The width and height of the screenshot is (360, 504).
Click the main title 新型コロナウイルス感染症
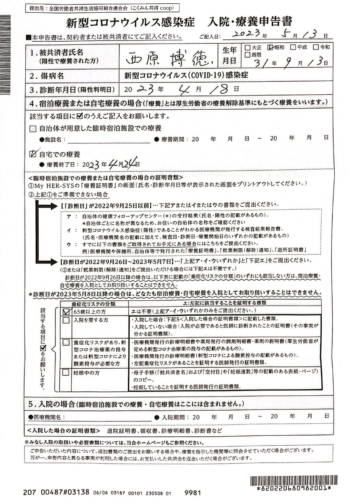(130, 22)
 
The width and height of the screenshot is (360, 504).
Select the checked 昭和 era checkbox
(271, 48)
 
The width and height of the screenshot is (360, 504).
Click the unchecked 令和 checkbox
(316, 47)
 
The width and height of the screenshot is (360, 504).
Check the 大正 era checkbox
(248, 48)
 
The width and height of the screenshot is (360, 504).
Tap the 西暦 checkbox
(248, 55)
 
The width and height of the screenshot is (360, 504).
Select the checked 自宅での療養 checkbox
(33, 154)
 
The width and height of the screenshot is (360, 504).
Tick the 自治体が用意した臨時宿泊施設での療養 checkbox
(33, 129)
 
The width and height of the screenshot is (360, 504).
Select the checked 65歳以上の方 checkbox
(66, 311)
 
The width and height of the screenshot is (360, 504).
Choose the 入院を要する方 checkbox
(66, 320)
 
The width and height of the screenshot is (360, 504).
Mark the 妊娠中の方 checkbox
(66, 372)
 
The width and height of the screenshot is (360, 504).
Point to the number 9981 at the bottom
(193, 493)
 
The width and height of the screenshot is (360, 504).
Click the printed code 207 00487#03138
(56, 492)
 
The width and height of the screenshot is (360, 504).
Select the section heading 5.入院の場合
(52, 404)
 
